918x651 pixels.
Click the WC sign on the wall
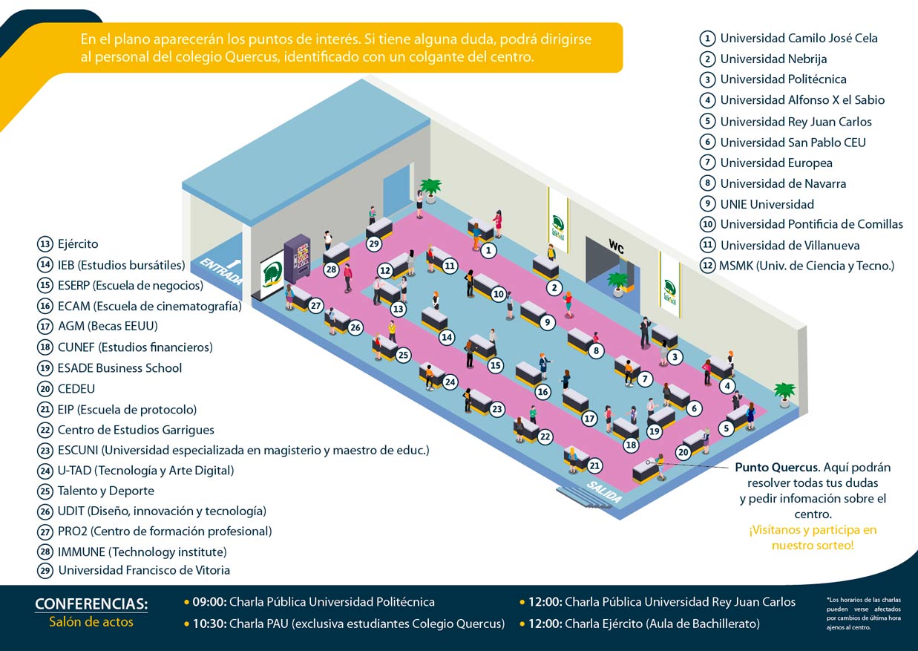616,245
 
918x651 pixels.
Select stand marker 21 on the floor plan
594,465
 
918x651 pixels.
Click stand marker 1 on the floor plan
488,251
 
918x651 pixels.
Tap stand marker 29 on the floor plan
374,243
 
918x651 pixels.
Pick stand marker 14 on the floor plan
447,337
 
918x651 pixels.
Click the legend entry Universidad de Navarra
783,183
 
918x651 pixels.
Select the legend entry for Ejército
77,243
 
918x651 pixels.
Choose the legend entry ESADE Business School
119,367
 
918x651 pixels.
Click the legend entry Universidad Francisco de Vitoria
143,570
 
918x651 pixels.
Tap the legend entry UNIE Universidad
767,204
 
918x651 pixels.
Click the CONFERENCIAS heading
91,603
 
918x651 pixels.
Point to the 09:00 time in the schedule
209,602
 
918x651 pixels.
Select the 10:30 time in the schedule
209,624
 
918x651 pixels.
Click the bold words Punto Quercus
776,468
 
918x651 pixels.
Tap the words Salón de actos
91,622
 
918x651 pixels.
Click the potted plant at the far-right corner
784,394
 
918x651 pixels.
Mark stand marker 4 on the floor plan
727,386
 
